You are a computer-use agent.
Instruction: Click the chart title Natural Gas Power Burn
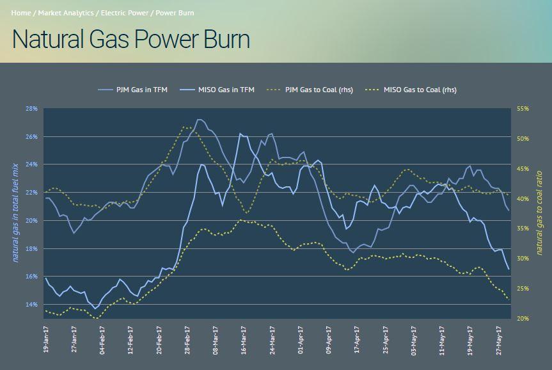click(x=130, y=40)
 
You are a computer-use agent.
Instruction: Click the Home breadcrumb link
click(x=21, y=13)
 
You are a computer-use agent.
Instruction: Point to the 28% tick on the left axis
click(x=32, y=109)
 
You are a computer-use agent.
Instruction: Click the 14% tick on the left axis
click(x=32, y=304)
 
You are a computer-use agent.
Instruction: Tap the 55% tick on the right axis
click(x=523, y=109)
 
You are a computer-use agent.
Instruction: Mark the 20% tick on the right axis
click(x=523, y=318)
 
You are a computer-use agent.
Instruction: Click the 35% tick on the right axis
click(x=523, y=229)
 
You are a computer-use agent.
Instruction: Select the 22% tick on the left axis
click(x=32, y=193)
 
